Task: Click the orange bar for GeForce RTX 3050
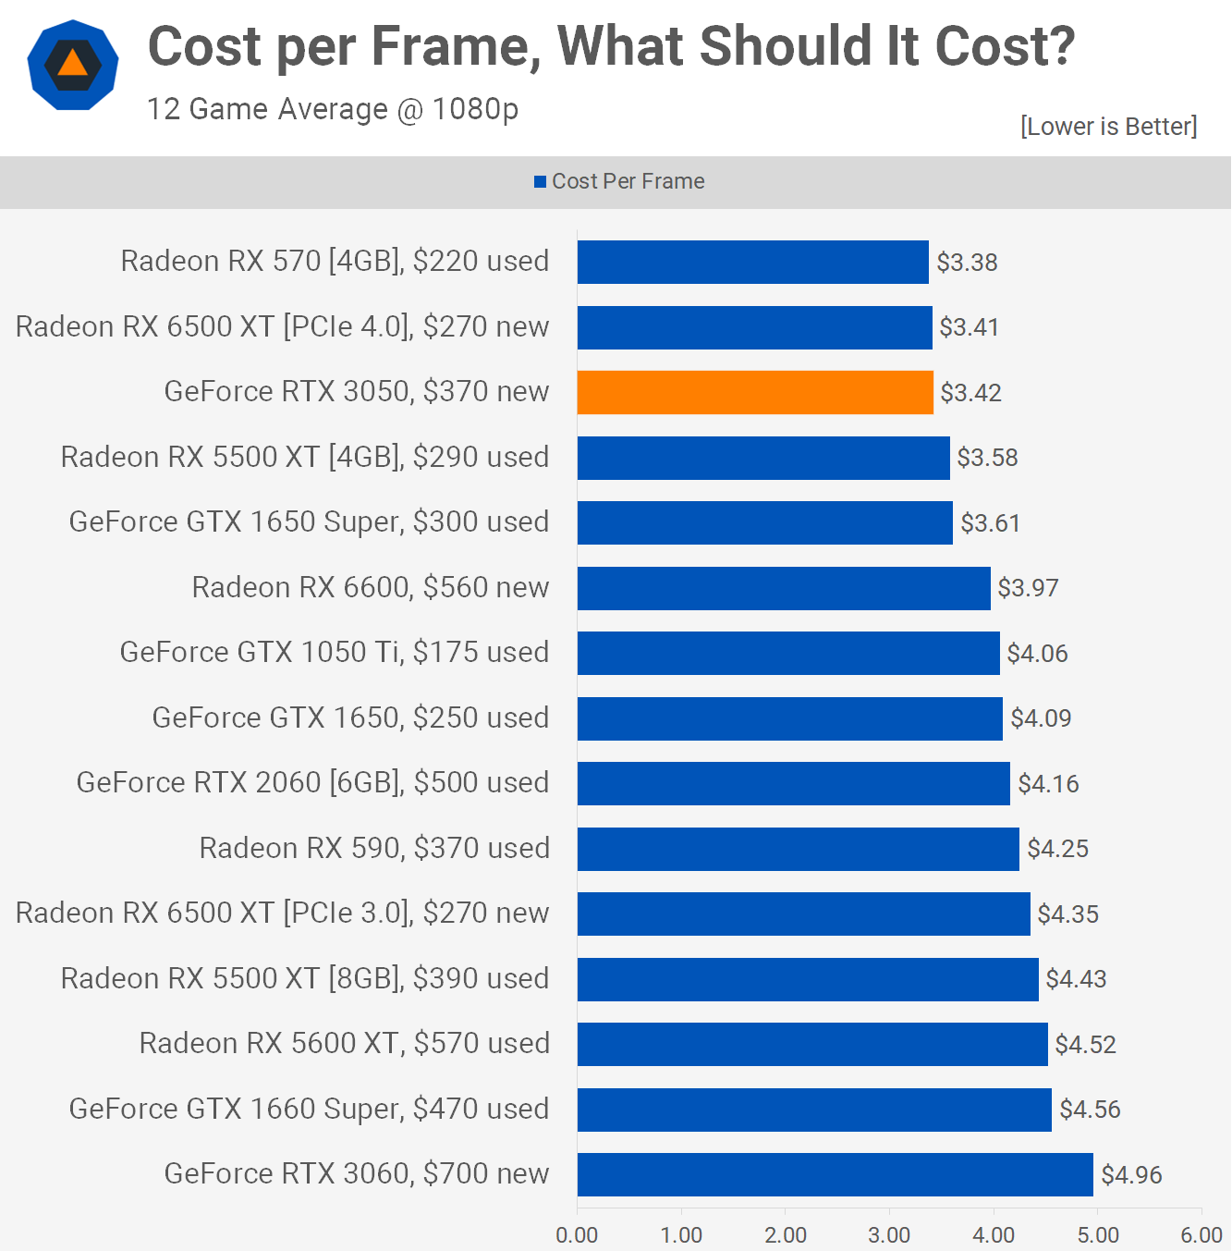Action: (x=755, y=392)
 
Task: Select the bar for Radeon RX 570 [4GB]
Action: (x=752, y=262)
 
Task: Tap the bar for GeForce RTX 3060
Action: (x=835, y=1174)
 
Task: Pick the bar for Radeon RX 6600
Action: (x=784, y=588)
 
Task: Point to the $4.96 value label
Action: (x=1131, y=1175)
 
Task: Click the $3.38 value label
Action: (x=967, y=263)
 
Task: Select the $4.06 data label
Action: (x=1037, y=654)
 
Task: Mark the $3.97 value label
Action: (x=1028, y=588)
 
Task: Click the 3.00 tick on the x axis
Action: (x=889, y=1235)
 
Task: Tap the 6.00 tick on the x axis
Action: (x=1201, y=1235)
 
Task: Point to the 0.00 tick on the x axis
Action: (x=577, y=1235)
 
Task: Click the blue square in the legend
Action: (x=540, y=182)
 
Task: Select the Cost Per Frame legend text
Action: (x=628, y=181)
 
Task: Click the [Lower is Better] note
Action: (x=1108, y=127)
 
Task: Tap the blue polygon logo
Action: (x=73, y=65)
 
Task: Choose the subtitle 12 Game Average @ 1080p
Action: (x=333, y=109)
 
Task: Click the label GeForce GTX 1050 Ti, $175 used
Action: (x=335, y=653)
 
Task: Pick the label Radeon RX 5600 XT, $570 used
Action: (x=344, y=1044)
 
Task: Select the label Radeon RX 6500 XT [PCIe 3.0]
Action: (x=282, y=914)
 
